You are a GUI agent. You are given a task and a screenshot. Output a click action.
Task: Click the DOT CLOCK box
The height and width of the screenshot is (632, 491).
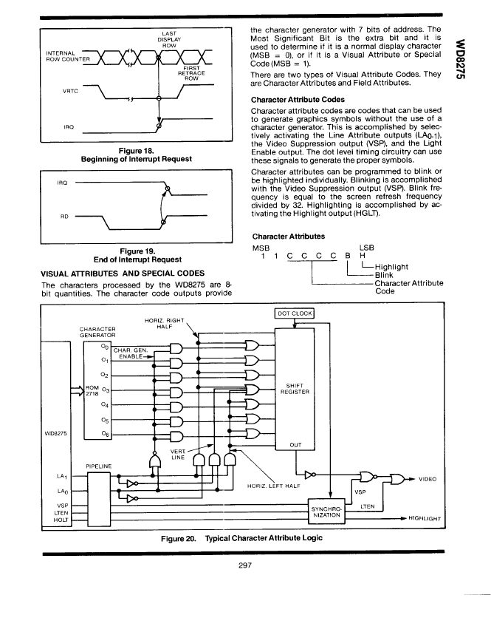(x=294, y=313)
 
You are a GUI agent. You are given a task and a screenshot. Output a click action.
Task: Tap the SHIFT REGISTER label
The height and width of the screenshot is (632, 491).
(x=295, y=389)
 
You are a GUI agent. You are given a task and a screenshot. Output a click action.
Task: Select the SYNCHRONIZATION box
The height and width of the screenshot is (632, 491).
(x=326, y=512)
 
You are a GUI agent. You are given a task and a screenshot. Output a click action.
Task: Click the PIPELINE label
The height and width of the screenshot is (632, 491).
(x=99, y=466)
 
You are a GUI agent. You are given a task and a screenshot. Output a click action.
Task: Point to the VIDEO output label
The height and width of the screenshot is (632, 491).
(x=428, y=479)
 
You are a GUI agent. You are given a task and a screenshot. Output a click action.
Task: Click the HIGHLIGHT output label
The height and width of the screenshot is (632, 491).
(x=425, y=518)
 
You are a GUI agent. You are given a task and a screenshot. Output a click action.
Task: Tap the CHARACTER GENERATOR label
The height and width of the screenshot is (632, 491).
(x=97, y=332)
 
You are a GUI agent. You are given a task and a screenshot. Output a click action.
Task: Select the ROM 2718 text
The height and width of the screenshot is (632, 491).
(x=92, y=390)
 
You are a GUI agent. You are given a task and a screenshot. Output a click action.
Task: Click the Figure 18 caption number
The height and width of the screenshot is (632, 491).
(x=136, y=151)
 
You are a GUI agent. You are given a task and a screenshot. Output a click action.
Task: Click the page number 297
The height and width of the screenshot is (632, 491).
(x=245, y=565)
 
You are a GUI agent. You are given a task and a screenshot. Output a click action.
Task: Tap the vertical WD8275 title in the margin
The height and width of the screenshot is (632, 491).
(x=460, y=59)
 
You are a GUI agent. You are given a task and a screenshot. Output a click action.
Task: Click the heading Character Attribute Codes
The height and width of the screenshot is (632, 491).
(x=298, y=100)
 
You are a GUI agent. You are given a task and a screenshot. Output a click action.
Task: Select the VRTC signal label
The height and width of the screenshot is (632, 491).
(x=70, y=91)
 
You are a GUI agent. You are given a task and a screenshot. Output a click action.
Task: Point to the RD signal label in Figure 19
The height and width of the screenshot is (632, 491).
(x=64, y=217)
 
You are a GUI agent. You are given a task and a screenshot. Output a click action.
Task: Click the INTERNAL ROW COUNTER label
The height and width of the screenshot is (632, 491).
(x=68, y=56)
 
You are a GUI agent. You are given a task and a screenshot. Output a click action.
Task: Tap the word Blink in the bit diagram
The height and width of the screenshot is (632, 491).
(x=384, y=275)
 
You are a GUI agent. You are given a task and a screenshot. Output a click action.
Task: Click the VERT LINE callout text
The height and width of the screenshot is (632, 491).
(x=177, y=455)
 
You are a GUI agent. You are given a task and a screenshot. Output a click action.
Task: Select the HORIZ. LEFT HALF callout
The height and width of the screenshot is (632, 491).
(x=274, y=486)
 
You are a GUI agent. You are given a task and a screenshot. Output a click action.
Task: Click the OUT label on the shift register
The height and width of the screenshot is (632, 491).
(x=295, y=445)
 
